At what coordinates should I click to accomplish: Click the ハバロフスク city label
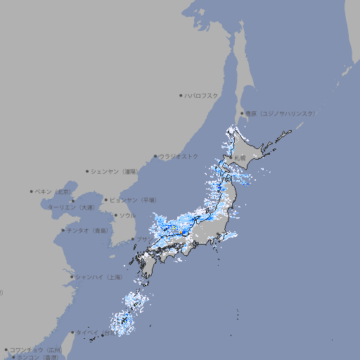202,95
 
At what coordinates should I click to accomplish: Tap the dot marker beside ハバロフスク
181,95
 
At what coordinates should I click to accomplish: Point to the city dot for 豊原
242,113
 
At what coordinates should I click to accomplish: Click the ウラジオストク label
179,156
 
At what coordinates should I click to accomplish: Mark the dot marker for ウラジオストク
155,156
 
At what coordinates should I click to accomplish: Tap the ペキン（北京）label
53,191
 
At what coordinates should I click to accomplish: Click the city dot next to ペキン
32,191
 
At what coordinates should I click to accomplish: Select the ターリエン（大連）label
71,207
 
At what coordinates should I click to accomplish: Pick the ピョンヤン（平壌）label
133,200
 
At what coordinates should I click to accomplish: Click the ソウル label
127,215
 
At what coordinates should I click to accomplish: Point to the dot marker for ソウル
115,215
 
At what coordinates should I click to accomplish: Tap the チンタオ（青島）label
88,230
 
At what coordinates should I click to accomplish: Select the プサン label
143,240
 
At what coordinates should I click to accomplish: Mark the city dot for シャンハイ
72,277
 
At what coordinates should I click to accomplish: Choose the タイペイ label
90,332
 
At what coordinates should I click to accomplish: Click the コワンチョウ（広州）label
36,349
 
